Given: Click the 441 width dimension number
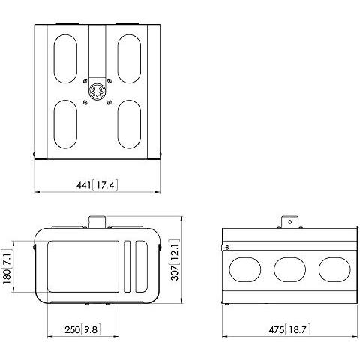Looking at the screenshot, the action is pos(84,185).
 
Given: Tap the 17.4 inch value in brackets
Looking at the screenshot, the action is pos(105,185).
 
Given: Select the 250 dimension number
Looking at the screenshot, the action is pos(73,330).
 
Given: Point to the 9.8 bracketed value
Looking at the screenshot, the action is pos(91,330).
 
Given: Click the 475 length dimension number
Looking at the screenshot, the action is pos(277,330).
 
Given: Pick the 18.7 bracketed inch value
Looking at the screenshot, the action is pos(298,330).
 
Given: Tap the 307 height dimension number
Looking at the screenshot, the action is pos(175,272).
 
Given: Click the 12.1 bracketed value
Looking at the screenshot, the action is pos(175,251).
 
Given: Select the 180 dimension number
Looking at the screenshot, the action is pos(7,276).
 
